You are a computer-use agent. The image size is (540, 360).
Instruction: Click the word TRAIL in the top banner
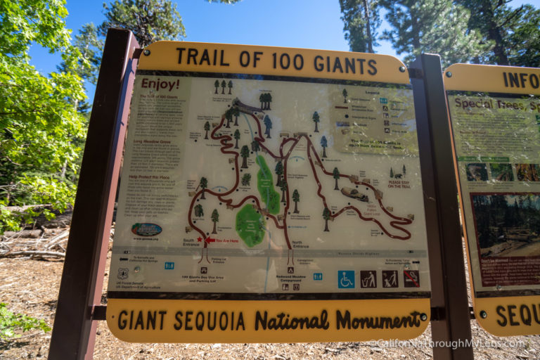coord(200,56)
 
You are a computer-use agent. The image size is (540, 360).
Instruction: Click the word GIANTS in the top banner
coord(345,65)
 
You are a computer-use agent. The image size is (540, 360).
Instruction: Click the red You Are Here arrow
coord(210,240)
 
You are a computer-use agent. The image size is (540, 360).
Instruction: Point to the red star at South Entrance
coord(200,240)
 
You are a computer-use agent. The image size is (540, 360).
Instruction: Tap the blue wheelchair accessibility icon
coord(346,280)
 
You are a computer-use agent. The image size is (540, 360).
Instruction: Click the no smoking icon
coord(411,279)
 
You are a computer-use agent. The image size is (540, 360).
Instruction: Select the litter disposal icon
coord(368,280)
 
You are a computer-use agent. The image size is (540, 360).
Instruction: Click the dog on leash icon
coord(390,280)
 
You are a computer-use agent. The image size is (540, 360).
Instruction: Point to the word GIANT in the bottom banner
coord(142,320)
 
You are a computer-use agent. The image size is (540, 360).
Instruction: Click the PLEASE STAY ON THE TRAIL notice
coord(399,184)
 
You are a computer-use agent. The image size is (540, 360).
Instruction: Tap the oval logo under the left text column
coord(146,229)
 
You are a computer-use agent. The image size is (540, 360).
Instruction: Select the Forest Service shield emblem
coord(123,274)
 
